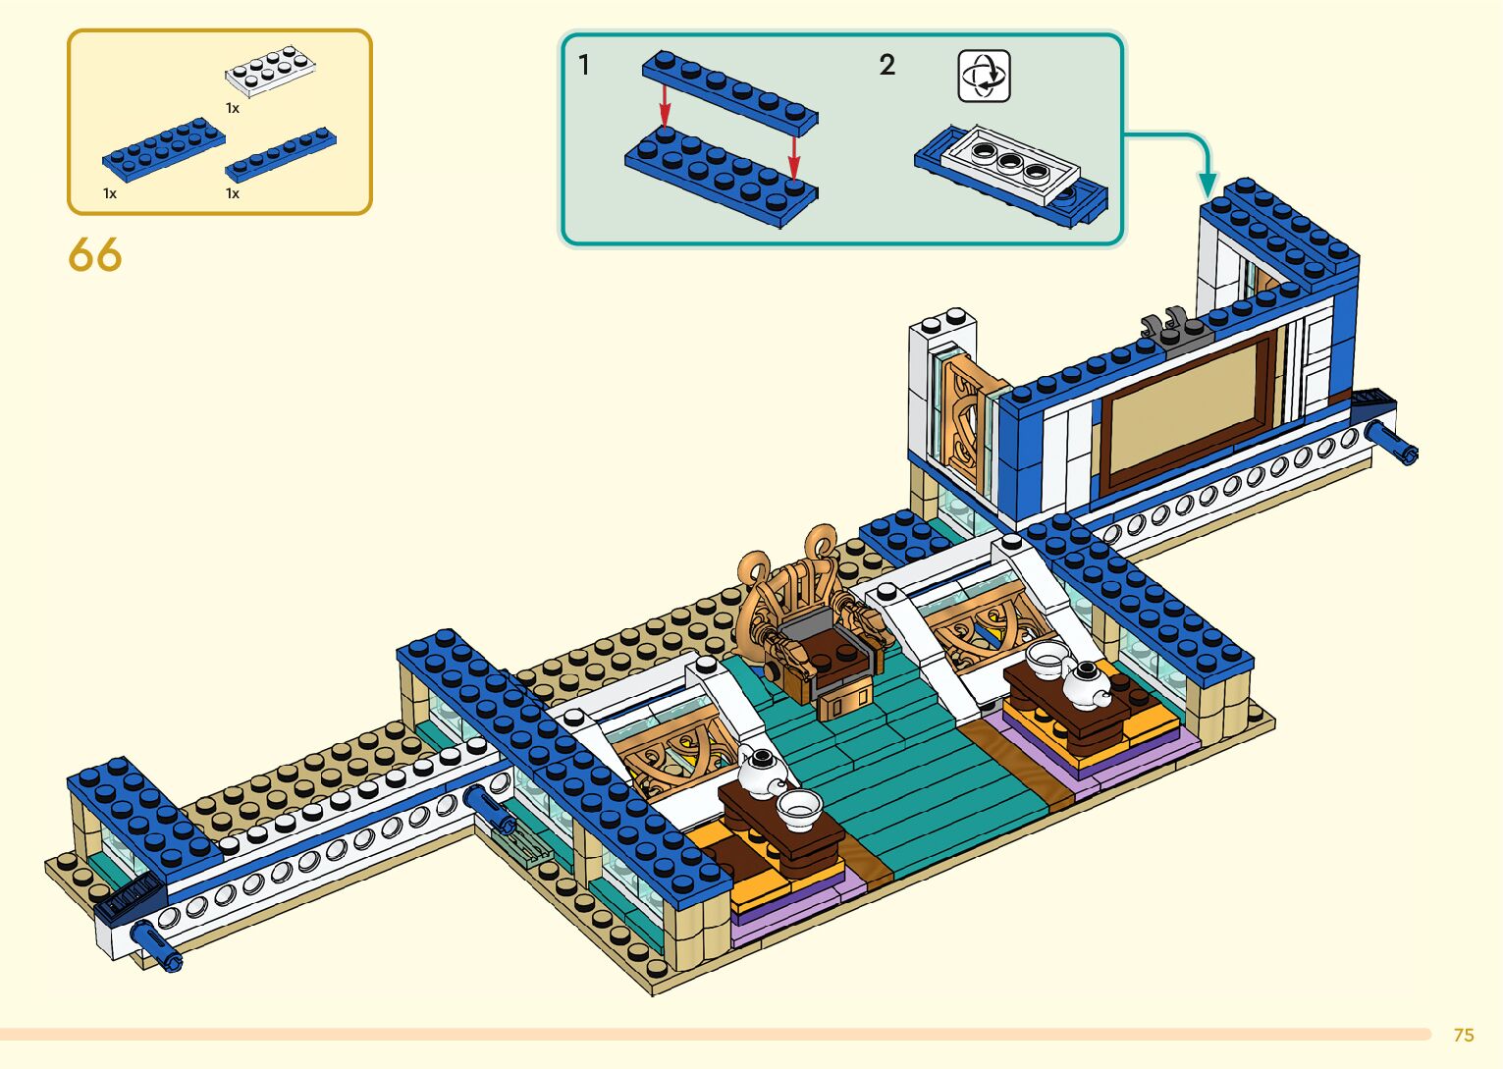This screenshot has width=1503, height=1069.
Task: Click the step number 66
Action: click(x=95, y=255)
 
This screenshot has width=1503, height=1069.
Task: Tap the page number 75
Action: click(x=1464, y=1035)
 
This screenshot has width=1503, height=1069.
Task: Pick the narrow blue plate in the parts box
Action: click(x=281, y=155)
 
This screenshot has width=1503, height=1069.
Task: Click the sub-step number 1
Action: click(x=584, y=66)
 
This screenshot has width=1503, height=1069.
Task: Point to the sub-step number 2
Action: click(x=886, y=66)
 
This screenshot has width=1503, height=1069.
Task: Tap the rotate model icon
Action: click(x=984, y=76)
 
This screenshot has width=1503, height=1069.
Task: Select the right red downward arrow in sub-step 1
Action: click(x=794, y=156)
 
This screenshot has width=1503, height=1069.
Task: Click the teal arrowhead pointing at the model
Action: click(x=1208, y=184)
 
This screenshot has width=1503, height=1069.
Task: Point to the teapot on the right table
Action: click(x=1084, y=681)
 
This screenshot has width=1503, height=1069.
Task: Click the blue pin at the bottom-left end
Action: click(x=158, y=945)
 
